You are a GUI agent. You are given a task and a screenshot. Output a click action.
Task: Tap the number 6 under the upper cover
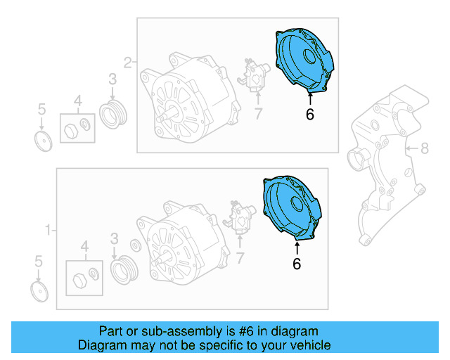310,114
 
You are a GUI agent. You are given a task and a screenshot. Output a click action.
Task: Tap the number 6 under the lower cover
297,264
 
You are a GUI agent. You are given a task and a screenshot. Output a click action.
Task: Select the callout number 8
424,148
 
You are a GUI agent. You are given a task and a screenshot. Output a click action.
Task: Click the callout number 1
49,229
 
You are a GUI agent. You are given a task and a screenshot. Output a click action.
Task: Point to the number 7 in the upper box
258,113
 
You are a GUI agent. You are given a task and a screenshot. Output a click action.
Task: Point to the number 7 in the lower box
241,259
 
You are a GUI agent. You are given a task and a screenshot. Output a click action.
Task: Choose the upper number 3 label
112,80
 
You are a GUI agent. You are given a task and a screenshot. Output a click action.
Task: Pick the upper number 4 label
78,99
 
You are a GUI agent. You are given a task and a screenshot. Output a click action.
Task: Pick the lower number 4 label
85,246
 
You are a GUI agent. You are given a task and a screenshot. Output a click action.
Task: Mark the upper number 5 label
41,109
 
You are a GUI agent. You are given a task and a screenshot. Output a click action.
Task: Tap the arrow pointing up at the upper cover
310,98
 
